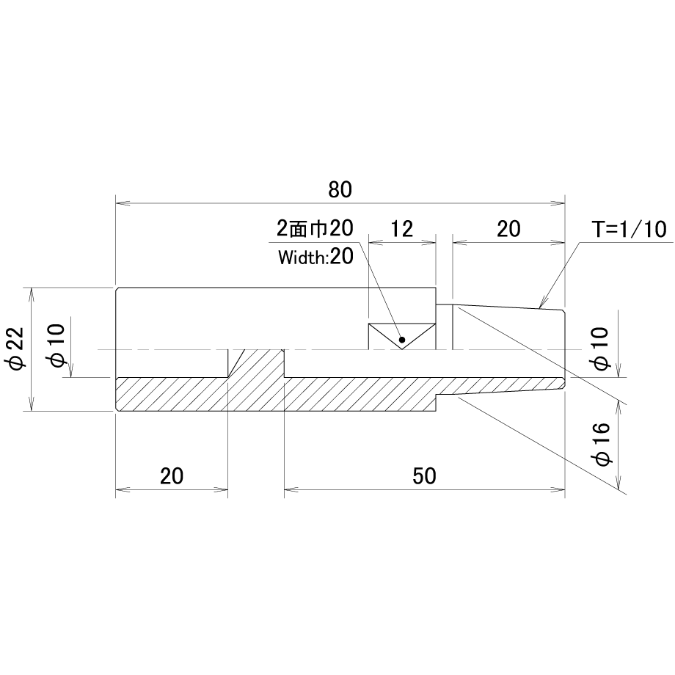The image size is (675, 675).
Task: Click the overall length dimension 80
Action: (340, 190)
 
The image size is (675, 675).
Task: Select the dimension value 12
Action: (401, 229)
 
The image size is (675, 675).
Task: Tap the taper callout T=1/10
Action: (631, 230)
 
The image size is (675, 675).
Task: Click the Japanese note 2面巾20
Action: (315, 229)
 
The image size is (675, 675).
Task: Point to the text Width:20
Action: (316, 257)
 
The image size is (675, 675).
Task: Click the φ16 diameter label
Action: (602, 444)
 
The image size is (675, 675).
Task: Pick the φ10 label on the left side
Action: (57, 346)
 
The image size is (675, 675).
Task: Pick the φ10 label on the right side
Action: (600, 349)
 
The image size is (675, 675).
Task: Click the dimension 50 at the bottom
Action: (425, 476)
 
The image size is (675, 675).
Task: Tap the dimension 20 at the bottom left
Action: (172, 476)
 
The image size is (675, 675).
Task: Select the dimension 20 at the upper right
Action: (509, 229)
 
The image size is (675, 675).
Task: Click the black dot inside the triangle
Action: (402, 340)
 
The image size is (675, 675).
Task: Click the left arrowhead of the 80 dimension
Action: (123, 202)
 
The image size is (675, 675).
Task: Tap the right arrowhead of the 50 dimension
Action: (558, 489)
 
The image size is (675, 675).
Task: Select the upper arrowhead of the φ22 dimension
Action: (30, 294)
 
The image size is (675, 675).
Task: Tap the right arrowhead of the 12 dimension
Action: (429, 243)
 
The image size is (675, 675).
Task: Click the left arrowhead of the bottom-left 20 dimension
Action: (123, 489)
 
